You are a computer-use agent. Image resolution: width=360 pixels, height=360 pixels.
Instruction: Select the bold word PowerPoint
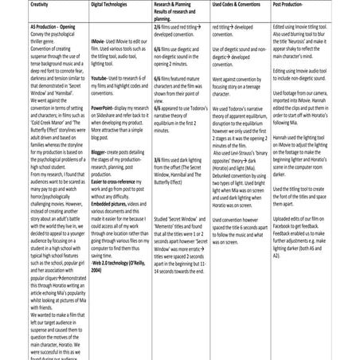click(106, 108)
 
